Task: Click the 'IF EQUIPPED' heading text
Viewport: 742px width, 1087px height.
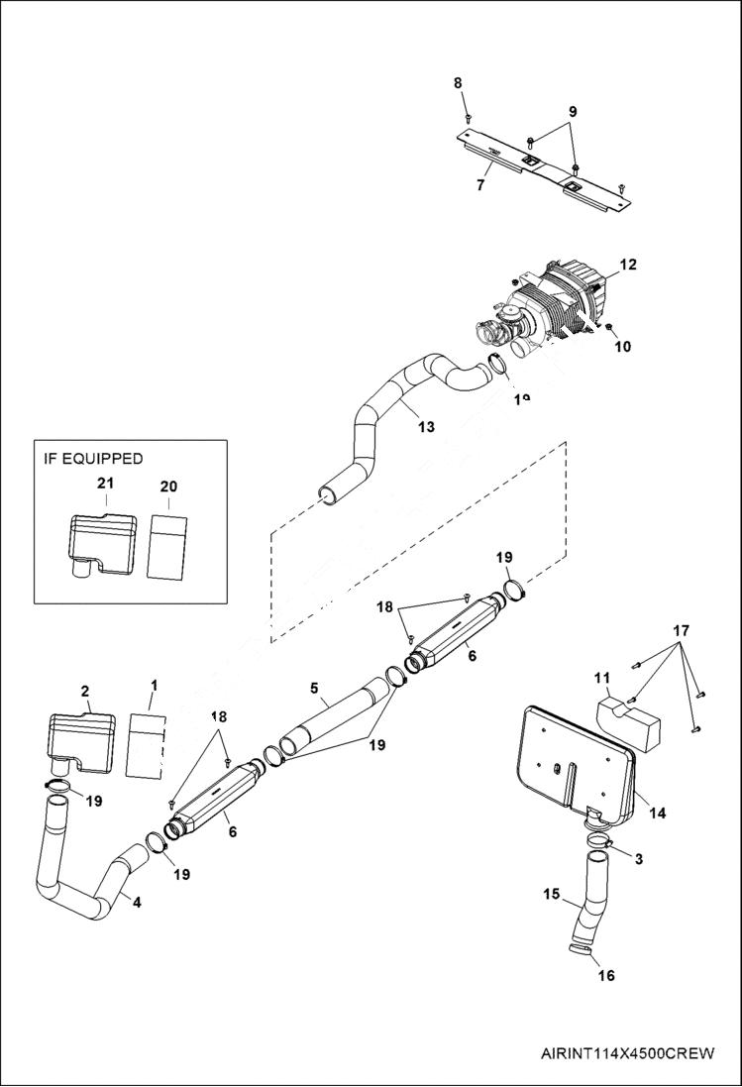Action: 93,459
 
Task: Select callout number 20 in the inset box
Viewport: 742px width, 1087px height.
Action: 168,486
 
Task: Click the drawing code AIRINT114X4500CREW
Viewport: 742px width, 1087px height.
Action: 627,1053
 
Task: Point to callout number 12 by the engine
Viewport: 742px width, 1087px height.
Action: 628,265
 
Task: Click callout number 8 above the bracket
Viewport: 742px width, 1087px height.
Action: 458,83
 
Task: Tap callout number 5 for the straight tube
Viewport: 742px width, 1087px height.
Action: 314,688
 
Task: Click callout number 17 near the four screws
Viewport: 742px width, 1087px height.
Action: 680,630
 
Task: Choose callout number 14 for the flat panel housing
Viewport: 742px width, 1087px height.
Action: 657,814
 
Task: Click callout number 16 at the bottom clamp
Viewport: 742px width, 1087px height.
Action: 606,975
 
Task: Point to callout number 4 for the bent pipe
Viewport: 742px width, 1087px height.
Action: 137,902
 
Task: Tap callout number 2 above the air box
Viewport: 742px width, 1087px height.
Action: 84,691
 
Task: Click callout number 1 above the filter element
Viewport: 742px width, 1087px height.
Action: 154,685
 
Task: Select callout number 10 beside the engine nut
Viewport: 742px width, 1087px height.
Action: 623,347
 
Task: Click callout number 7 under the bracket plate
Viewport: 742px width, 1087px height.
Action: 480,184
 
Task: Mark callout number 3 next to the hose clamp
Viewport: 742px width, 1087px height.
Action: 638,859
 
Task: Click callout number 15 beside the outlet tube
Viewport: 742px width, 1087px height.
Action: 552,894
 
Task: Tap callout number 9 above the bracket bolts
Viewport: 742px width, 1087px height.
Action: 572,112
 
